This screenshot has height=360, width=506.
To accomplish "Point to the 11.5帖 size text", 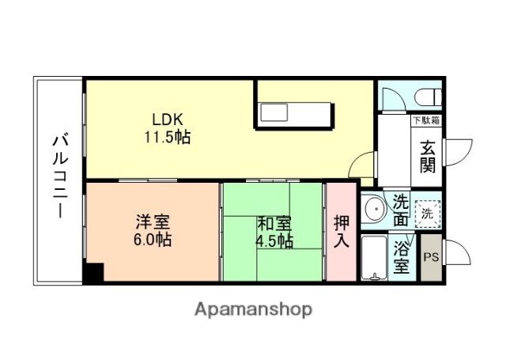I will tap(167, 136).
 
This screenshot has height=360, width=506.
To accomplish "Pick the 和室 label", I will tap(274, 224).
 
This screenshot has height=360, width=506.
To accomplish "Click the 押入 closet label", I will tap(341, 230).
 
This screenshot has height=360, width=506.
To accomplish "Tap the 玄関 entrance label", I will tap(427, 155).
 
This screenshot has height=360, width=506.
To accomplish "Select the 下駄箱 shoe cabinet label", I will tap(426, 121).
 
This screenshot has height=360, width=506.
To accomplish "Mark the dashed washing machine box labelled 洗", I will tap(427, 212).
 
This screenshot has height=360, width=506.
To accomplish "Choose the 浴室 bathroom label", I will tap(402, 258).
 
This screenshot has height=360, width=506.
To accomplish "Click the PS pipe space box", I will tap(431, 258).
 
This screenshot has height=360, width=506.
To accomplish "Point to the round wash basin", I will tap(374, 211).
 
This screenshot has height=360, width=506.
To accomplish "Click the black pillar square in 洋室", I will tap(94, 273).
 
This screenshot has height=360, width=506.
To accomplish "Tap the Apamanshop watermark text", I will tap(253, 309).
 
